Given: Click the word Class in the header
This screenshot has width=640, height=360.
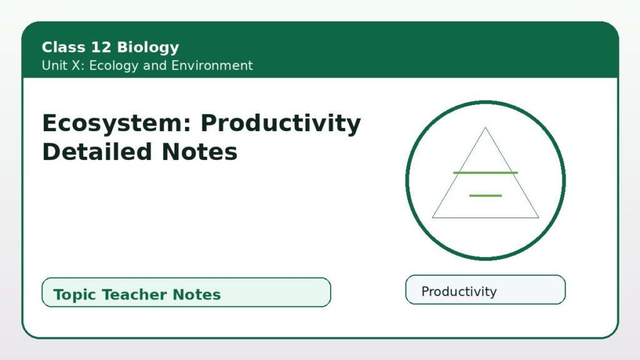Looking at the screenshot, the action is click(64, 47).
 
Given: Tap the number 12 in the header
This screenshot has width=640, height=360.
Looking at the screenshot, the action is click(101, 47).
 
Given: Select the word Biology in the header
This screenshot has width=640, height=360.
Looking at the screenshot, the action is click(147, 47).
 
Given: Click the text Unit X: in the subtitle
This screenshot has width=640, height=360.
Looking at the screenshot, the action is click(63, 65).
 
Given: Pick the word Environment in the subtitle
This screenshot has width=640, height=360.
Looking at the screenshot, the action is click(212, 65).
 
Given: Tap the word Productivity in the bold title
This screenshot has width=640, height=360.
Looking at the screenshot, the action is click(281, 124).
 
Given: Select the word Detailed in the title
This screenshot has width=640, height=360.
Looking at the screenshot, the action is click(97, 152).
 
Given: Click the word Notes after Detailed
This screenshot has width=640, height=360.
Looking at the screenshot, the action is click(199, 152).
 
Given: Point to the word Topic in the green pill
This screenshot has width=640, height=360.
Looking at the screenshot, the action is click(75, 295).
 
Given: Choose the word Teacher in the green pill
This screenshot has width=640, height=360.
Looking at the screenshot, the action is click(135, 294).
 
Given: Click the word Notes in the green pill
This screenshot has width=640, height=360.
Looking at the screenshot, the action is click(197, 294).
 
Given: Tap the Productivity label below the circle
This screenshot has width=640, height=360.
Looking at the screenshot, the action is click(459, 291).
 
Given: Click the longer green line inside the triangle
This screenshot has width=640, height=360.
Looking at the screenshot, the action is click(485, 173).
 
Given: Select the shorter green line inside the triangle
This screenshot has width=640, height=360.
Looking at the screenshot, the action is click(485, 196).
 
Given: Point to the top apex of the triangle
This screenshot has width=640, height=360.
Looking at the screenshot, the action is click(485, 127).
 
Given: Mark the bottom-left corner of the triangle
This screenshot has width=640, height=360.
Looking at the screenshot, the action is click(432, 217).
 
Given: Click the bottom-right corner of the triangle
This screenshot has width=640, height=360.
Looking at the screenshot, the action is click(539, 217).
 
